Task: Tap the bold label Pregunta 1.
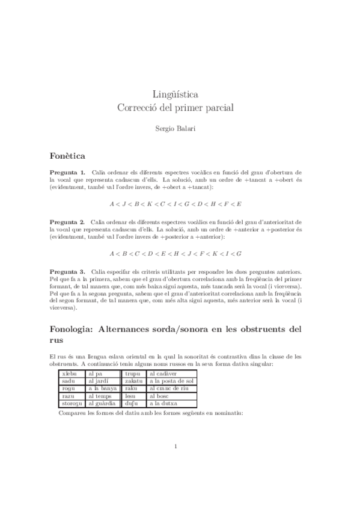tap(67, 173)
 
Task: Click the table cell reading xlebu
tap(70, 373)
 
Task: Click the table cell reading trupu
tap(133, 373)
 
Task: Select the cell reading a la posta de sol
tap(171, 381)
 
